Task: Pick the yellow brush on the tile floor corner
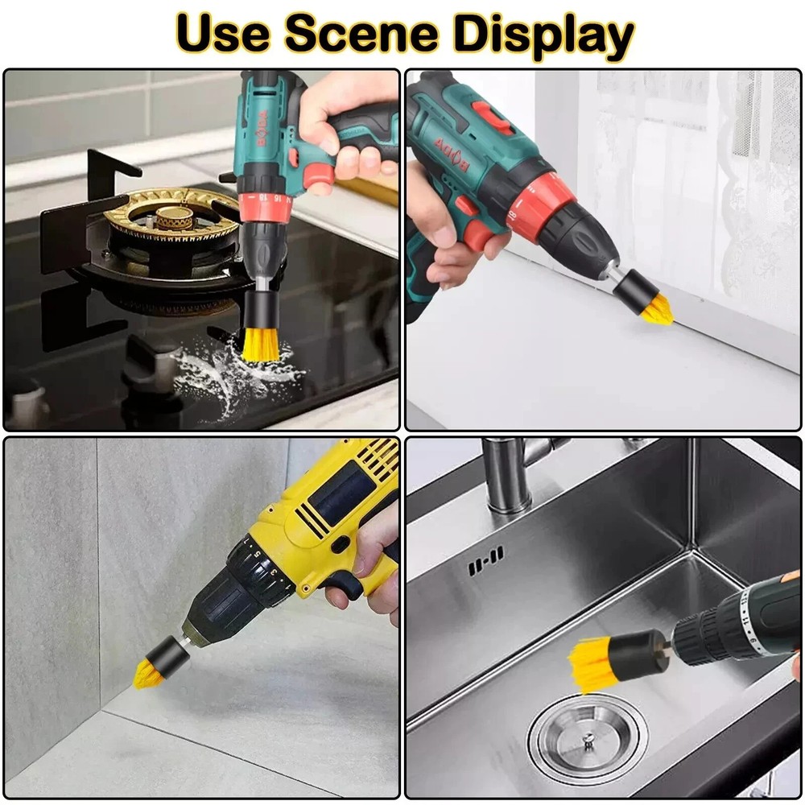(151, 671)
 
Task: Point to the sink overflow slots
(486, 559)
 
